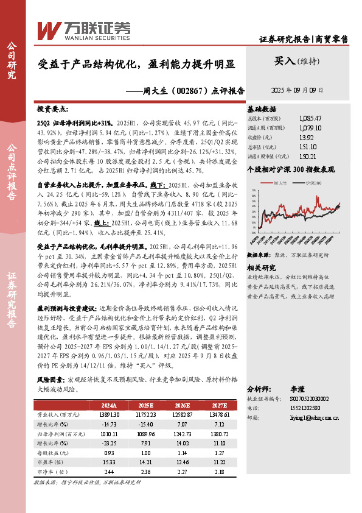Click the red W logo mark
point(48,29)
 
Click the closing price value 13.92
point(307,138)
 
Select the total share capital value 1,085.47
point(310,118)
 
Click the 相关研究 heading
point(261,268)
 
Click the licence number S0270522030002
point(310,398)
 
